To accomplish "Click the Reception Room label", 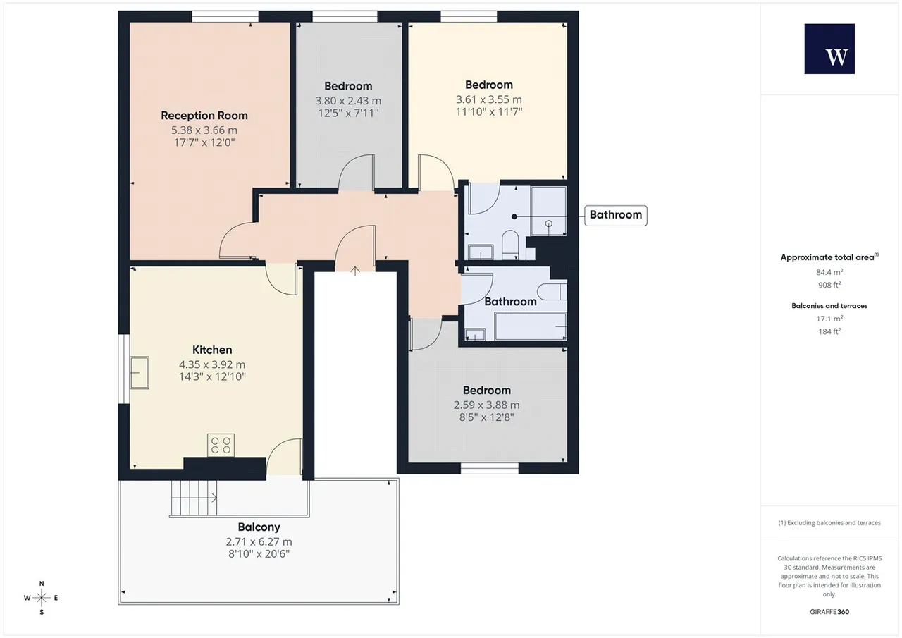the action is point(204,116).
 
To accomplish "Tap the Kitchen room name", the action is point(212,350).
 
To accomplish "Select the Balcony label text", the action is point(259,527).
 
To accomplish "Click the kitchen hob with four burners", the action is point(221,445).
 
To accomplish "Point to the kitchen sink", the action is point(140,372).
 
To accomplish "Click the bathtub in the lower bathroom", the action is point(531,326).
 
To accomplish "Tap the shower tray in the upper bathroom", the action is point(549,211).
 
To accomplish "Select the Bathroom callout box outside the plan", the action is point(616,216).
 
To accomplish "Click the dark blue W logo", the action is point(829,49).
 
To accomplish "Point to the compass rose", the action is point(42,598).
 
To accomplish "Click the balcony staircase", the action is point(194,498).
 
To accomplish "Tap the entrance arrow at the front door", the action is point(354,271).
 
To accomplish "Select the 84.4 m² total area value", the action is point(829,272).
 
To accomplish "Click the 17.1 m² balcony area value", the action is point(829,319).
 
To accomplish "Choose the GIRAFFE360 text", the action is point(829,612).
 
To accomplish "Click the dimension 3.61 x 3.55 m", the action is point(489,99).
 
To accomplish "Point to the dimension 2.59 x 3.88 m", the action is point(486,405).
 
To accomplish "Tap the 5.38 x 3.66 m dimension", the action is point(204,130).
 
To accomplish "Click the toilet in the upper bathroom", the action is point(510,245).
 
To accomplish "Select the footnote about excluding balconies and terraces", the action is point(829,523).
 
